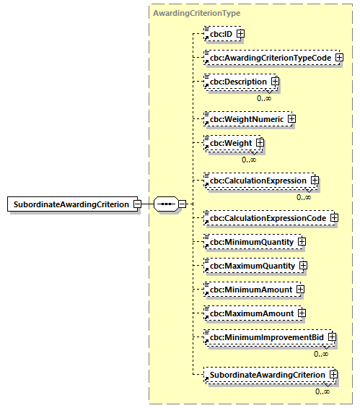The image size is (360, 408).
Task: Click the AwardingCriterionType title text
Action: (197, 13)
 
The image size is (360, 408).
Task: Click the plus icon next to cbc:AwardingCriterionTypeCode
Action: (338, 58)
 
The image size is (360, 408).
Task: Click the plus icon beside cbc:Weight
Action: (260, 143)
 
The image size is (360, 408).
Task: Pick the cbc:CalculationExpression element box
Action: (257, 180)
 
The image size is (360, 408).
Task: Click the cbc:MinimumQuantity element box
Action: (250, 241)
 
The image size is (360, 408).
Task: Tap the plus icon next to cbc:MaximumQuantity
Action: (303, 266)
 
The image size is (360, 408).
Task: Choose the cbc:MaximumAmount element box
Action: (250, 314)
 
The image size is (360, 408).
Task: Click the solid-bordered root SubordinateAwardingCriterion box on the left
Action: (69, 204)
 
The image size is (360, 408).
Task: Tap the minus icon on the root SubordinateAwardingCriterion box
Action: (136, 204)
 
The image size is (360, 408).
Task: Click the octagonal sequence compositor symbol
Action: (166, 204)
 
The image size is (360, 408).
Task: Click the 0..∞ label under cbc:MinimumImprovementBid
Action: (321, 354)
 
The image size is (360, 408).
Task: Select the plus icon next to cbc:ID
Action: (240, 33)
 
